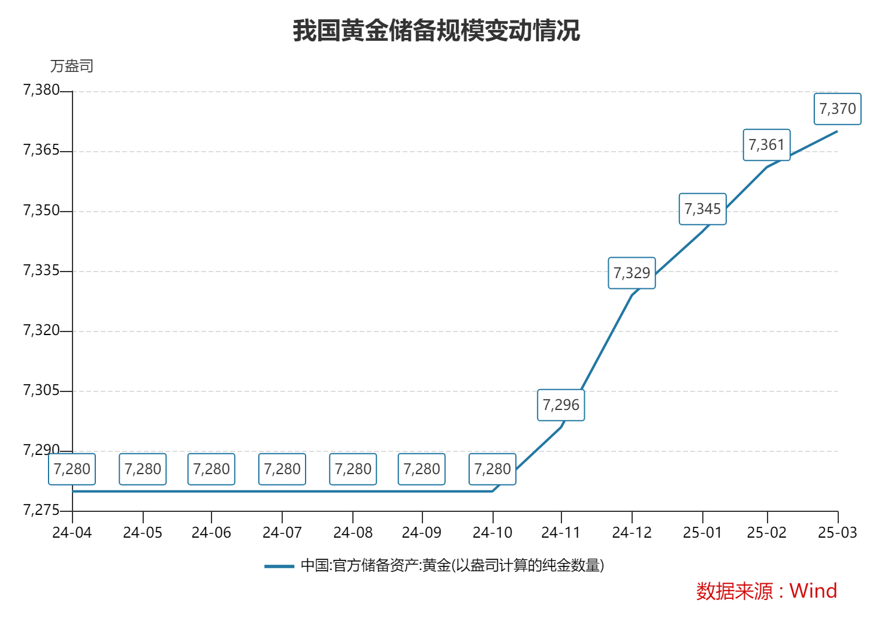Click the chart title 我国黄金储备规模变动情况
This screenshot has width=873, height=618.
(x=436, y=31)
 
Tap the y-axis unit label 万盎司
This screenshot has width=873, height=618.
(x=72, y=66)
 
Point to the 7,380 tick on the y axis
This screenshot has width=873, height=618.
(x=41, y=91)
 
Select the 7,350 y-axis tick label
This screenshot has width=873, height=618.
(x=41, y=210)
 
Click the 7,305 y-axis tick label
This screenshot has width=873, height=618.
(x=41, y=391)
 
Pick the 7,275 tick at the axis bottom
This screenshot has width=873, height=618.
(x=41, y=511)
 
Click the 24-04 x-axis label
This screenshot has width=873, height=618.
(x=72, y=532)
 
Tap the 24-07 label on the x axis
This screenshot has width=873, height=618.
(x=282, y=532)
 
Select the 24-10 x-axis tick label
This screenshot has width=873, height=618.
(x=493, y=532)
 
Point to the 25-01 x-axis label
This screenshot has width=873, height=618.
(x=702, y=532)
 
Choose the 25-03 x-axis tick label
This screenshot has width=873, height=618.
(x=838, y=532)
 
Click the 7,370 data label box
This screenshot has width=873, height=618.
(x=838, y=109)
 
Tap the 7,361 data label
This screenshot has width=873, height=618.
(x=766, y=145)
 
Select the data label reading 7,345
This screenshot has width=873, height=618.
(x=702, y=209)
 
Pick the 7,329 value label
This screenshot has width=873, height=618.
(x=632, y=273)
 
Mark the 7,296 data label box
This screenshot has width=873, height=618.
(x=561, y=405)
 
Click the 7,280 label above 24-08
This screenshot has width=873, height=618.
(x=353, y=469)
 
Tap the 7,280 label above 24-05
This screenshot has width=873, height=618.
(x=143, y=469)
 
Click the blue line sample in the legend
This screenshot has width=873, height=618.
(x=279, y=566)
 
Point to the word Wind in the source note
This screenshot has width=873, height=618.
(x=813, y=591)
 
